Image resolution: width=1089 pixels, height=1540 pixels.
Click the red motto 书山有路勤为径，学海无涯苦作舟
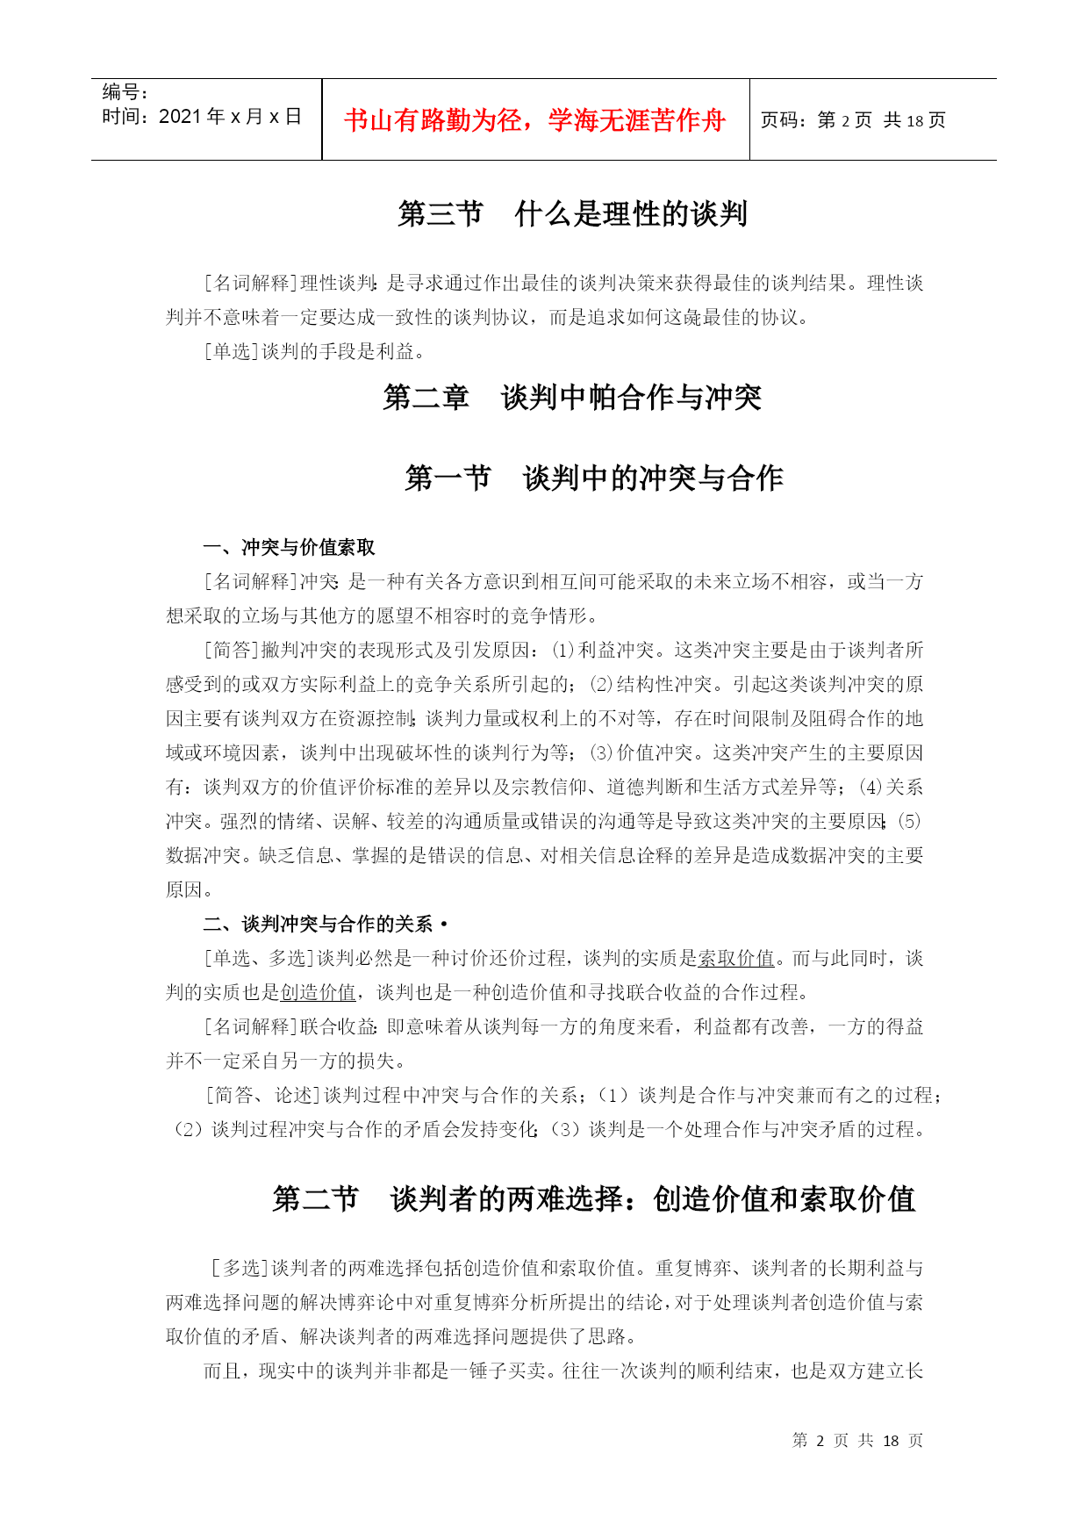(534, 120)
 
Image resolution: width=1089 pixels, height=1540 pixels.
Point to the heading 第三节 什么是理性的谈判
(572, 213)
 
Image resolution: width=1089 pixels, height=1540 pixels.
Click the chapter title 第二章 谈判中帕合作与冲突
(572, 398)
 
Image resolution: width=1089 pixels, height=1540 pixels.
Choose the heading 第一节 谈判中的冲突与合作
(593, 479)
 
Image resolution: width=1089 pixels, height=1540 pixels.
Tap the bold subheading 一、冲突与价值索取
(289, 548)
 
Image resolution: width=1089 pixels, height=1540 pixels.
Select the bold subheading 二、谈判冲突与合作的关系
(319, 925)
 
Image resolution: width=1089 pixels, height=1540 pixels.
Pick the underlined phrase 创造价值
(318, 993)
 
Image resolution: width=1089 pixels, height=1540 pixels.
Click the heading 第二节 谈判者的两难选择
(593, 1199)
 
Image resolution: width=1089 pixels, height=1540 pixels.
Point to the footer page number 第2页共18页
(857, 1441)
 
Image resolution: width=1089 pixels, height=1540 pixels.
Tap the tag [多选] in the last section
(240, 1269)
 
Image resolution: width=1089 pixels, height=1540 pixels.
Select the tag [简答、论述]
(262, 1096)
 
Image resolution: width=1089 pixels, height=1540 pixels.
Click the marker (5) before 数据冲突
(911, 822)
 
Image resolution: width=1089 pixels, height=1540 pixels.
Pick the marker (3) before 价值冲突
(600, 753)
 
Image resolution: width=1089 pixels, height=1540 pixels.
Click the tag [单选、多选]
(259, 959)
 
